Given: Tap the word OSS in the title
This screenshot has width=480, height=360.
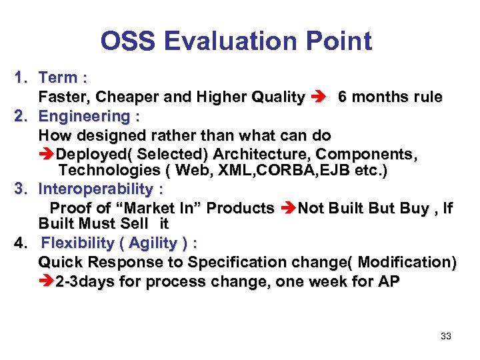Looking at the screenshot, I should point(127,41).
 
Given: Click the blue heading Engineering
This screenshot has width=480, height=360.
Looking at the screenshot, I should point(85,116).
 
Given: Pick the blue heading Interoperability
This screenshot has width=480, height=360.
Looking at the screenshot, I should point(96,189).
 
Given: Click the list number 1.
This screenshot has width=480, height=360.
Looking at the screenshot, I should point(20,77).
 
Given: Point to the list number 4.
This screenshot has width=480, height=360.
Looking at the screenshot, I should point(20,243).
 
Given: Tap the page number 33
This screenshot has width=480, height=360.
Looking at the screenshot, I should point(446,336).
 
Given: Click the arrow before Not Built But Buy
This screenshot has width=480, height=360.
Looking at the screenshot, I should point(288,208).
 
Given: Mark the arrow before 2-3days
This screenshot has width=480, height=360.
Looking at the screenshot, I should point(47,281).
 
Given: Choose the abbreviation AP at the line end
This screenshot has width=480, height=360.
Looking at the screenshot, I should point(389,281).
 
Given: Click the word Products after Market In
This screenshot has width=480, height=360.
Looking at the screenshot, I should point(241,208).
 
